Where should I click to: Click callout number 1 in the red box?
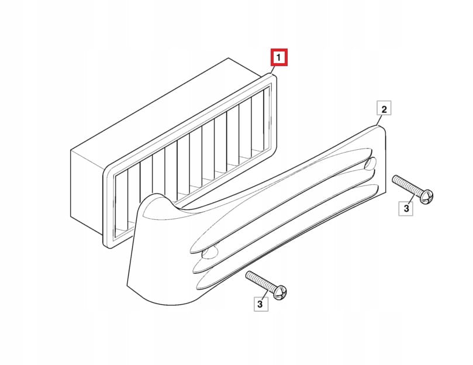click(x=279, y=57)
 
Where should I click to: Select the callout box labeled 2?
click(x=384, y=108)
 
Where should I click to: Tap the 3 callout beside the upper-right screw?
click(x=406, y=208)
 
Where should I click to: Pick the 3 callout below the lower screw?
click(x=260, y=304)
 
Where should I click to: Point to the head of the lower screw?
click(x=281, y=292)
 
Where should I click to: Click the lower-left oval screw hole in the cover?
click(x=210, y=252)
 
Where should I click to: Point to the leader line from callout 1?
click(x=272, y=70)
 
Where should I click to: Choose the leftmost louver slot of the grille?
click(x=122, y=205)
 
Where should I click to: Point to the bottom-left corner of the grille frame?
click(x=108, y=246)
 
